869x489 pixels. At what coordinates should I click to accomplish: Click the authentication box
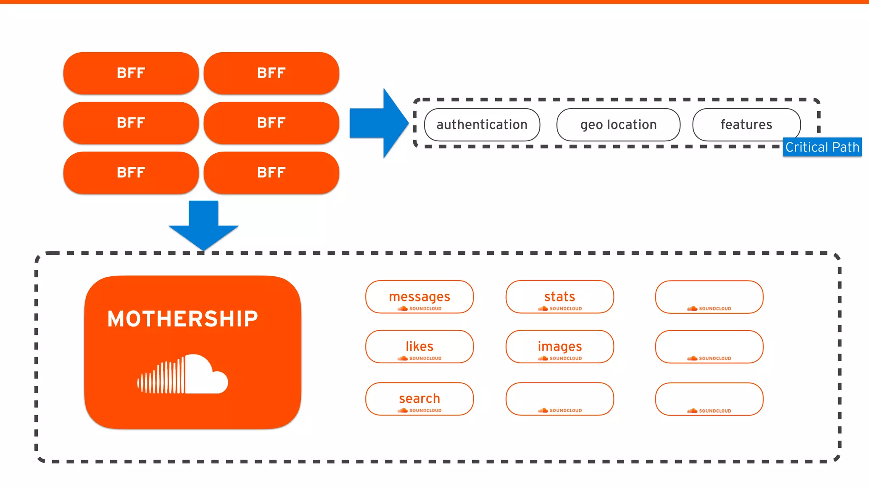482,124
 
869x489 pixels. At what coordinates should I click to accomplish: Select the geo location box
618,124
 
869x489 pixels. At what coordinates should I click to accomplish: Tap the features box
746,124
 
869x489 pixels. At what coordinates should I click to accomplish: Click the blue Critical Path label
822,147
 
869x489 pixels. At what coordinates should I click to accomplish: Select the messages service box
419,297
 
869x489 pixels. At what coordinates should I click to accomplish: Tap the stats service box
560,297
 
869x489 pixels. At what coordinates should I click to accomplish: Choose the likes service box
419,346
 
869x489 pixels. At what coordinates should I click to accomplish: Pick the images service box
560,346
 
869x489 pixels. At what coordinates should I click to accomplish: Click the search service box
419,399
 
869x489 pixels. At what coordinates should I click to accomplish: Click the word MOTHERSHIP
182,319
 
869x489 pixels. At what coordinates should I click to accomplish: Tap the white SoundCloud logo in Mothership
182,374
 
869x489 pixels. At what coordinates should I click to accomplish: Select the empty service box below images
560,399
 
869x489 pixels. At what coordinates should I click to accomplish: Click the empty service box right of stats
709,297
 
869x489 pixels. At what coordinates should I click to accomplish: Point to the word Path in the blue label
846,147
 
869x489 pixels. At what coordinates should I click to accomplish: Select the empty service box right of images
709,346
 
